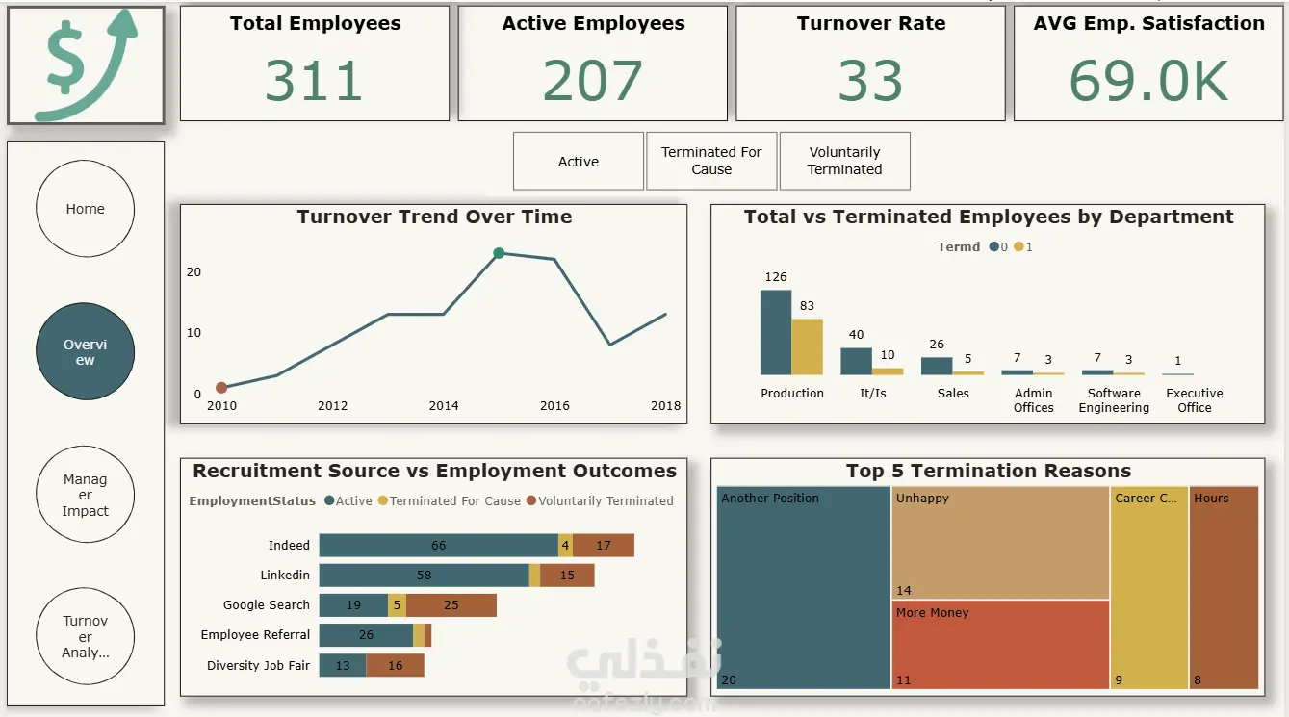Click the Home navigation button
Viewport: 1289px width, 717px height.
coord(85,209)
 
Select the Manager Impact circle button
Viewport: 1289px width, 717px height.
coord(85,495)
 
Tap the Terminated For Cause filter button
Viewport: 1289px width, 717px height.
coord(711,161)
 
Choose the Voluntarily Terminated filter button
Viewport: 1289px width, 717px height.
coord(844,161)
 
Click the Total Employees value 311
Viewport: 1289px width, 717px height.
coord(314,81)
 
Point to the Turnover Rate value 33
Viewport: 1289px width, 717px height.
coord(870,81)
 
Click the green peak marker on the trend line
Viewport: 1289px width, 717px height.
coord(499,253)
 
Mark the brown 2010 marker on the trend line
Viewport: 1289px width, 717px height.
coord(221,388)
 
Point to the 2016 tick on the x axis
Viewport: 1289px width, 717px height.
coord(554,405)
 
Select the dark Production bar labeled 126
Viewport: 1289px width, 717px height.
coord(776,332)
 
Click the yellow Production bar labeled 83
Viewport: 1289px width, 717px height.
coord(808,346)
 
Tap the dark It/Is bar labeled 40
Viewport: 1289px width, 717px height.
coord(856,361)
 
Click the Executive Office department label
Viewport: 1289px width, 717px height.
coord(1194,400)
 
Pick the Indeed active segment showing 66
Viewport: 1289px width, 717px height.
coord(438,546)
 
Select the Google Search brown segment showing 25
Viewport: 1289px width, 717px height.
coord(451,605)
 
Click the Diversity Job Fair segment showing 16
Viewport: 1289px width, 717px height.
coord(395,665)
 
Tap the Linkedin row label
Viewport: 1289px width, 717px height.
coord(285,576)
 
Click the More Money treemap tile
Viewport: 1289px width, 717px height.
coord(1000,644)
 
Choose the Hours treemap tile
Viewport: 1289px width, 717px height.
coord(1224,587)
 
